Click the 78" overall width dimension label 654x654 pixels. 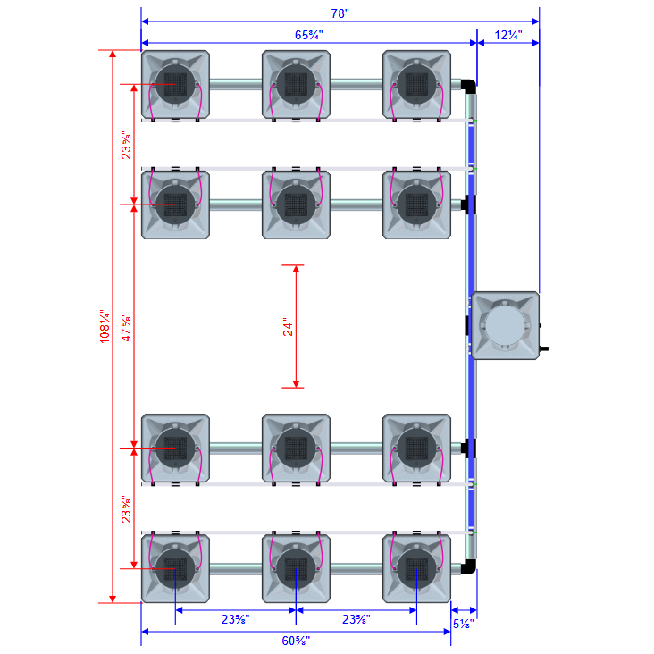coord(340,13)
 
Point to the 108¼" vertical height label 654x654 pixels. coord(105,327)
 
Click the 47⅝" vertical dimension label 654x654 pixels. coord(127,327)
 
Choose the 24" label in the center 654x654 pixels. coord(288,327)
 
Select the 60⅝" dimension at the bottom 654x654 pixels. coord(296,641)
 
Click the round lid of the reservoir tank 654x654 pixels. coord(505,326)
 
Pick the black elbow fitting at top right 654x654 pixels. coord(469,86)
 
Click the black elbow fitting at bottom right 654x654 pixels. coord(469,566)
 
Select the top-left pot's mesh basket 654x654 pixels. coord(175,85)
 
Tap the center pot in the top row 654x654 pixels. coord(296,85)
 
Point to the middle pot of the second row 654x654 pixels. coord(296,205)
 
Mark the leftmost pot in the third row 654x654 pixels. coord(175,447)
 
